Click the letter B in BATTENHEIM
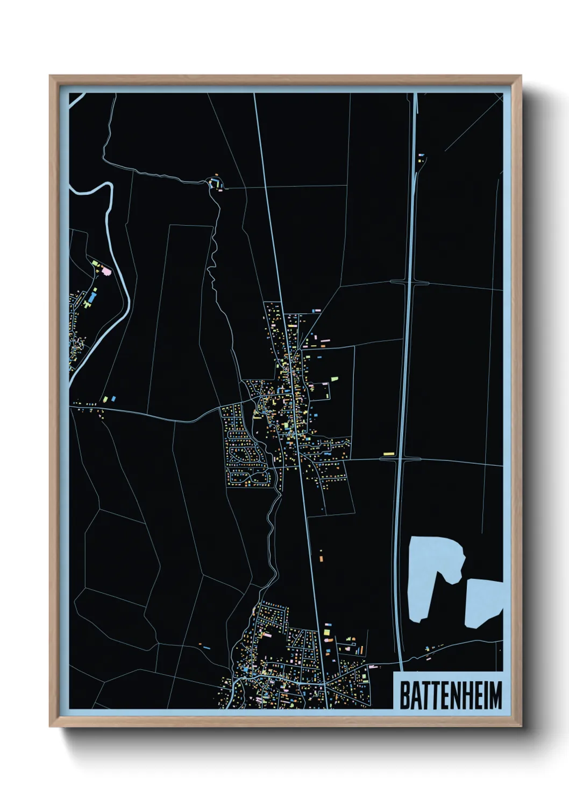[x=404, y=695]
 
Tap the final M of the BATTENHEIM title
[x=496, y=695]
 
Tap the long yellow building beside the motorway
[x=388, y=454]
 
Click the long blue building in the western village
[x=93, y=295]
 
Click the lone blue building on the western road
[x=113, y=398]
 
